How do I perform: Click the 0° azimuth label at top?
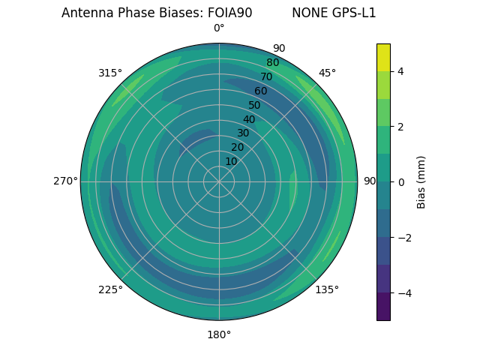(219, 28)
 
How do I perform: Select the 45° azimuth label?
(327, 73)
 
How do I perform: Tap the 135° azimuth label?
(327, 289)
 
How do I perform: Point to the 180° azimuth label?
(219, 334)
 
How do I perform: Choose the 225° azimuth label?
(110, 289)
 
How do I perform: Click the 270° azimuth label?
(65, 181)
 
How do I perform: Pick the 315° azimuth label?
(110, 73)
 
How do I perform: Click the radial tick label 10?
(231, 161)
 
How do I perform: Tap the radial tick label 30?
(243, 133)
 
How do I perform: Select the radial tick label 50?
(254, 105)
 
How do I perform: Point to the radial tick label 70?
(266, 76)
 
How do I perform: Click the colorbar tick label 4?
(400, 71)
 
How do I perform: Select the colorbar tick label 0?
(400, 182)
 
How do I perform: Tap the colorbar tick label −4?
(403, 293)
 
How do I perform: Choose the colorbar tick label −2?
(403, 238)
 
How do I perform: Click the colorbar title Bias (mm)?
(421, 182)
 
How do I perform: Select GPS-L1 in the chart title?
(355, 13)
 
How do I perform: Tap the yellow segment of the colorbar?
(383, 57)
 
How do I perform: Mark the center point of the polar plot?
(219, 181)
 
